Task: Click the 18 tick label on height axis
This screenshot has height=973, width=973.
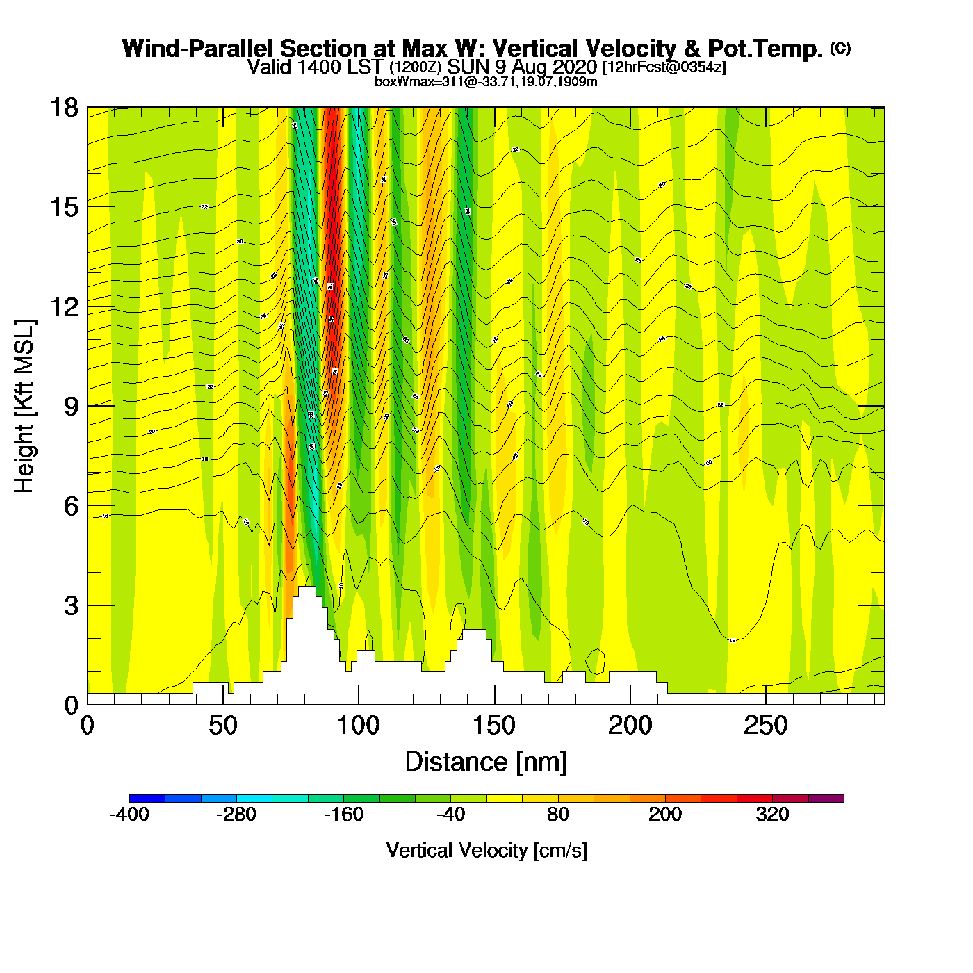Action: click(64, 108)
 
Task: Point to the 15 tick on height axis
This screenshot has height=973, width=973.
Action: click(64, 207)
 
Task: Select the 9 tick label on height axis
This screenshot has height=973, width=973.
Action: click(72, 407)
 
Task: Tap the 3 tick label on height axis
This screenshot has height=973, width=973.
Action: click(72, 606)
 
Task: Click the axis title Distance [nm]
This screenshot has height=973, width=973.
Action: click(486, 762)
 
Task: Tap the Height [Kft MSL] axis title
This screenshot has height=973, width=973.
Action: click(24, 407)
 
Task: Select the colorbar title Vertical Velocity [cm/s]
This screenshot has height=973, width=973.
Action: click(486, 850)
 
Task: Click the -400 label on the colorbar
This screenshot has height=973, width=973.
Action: click(129, 815)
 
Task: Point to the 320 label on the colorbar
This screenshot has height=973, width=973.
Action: click(772, 815)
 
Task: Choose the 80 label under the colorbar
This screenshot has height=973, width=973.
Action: click(558, 815)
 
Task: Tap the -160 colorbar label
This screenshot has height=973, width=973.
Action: click(343, 815)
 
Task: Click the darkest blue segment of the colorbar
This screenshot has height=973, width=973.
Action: click(147, 799)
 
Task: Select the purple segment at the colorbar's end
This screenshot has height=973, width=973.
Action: click(826, 799)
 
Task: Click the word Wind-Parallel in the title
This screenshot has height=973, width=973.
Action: click(199, 49)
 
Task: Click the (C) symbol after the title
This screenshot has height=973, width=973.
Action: click(840, 48)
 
